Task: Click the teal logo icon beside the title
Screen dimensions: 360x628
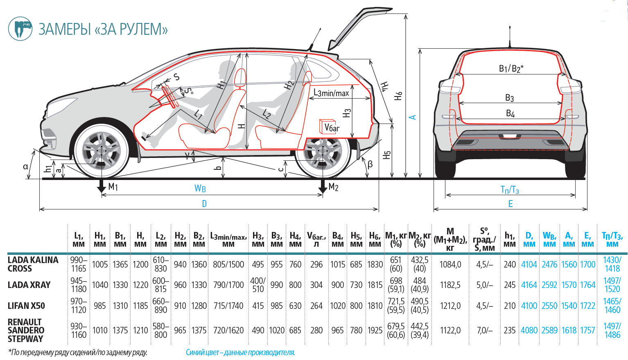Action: [x=20, y=28]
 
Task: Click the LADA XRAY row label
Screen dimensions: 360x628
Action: [x=29, y=285]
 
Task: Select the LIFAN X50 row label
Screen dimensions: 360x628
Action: [x=26, y=306]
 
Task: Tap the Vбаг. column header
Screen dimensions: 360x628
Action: [x=316, y=240]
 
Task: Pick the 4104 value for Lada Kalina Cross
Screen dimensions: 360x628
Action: [x=529, y=265]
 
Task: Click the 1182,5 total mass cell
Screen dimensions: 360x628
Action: [x=450, y=285]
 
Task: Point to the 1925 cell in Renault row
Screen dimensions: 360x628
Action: [x=375, y=331]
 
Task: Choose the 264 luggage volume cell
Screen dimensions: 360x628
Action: [x=316, y=306]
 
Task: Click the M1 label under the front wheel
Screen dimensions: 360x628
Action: [x=113, y=187]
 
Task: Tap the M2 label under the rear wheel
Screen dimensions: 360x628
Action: [x=334, y=187]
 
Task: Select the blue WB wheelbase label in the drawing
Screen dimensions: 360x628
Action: [x=200, y=189]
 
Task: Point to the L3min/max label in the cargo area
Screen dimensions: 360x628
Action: [x=331, y=93]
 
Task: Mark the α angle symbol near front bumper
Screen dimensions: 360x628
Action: [x=26, y=166]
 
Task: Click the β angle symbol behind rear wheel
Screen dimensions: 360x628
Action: [x=370, y=164]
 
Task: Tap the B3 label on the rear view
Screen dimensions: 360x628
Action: [x=509, y=98]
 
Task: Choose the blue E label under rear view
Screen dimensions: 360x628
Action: [x=511, y=204]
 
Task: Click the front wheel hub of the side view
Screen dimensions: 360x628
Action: [x=101, y=151]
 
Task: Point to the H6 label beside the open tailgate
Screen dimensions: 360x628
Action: [x=398, y=96]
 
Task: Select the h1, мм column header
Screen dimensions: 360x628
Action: [x=510, y=240]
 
